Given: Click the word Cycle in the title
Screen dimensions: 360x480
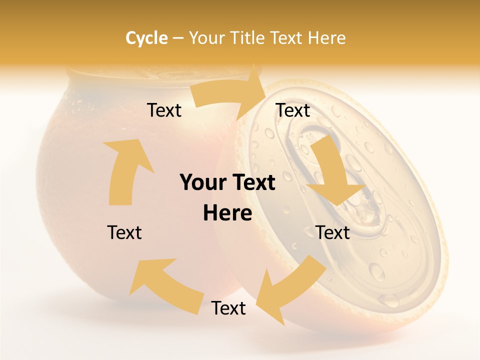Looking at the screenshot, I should point(146,38).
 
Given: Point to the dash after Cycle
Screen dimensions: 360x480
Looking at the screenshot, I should point(178,38).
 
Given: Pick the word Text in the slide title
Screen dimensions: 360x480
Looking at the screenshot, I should point(287,38).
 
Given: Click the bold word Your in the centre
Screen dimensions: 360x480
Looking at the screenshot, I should point(200,182).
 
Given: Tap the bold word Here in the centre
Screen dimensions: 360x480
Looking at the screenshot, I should point(227,213).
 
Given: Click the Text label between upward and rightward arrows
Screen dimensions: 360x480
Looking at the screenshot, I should point(164,110).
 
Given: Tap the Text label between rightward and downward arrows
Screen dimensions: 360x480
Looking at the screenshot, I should point(293,110).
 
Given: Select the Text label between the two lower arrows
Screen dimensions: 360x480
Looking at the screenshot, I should point(228,308).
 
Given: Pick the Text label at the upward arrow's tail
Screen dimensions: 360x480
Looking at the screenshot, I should point(124,232).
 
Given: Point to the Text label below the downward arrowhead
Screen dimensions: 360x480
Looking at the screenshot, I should point(332,232).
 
